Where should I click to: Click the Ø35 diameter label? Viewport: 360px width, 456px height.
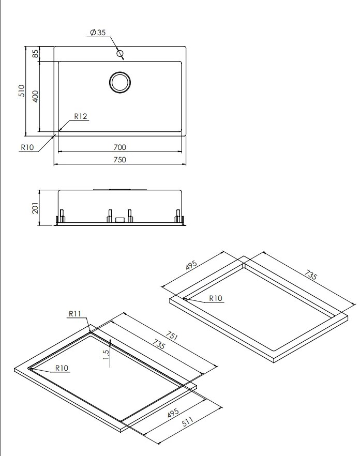click(x=98, y=33)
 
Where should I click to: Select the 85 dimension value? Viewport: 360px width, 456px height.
click(x=35, y=53)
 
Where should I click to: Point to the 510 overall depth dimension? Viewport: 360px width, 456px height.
click(x=22, y=91)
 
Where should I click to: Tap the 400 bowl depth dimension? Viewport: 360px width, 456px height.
click(x=35, y=96)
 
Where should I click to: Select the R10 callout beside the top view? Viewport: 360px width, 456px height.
click(x=27, y=147)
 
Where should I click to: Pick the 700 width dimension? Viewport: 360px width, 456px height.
click(x=119, y=147)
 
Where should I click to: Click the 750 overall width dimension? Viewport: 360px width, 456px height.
click(x=119, y=160)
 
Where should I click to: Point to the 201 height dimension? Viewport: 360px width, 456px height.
click(x=35, y=207)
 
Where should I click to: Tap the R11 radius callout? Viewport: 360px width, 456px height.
click(x=76, y=313)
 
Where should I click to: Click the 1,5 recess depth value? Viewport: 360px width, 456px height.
click(x=106, y=356)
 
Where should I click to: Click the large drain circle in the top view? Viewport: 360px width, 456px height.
click(x=120, y=83)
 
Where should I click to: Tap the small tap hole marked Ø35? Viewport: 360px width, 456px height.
click(x=120, y=53)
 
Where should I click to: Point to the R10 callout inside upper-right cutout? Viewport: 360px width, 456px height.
click(x=216, y=298)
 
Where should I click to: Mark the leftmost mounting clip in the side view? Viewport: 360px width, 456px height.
click(x=62, y=216)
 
